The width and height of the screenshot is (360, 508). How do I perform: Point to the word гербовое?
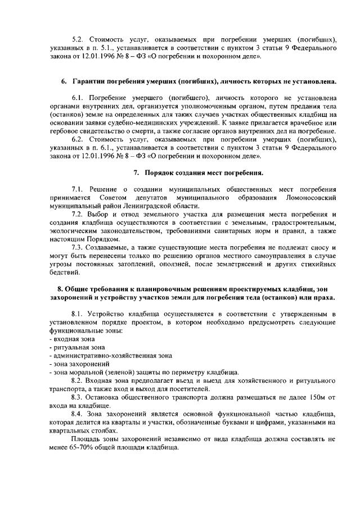[x=65, y=131]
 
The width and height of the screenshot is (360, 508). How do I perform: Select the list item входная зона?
[x=74, y=339]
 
